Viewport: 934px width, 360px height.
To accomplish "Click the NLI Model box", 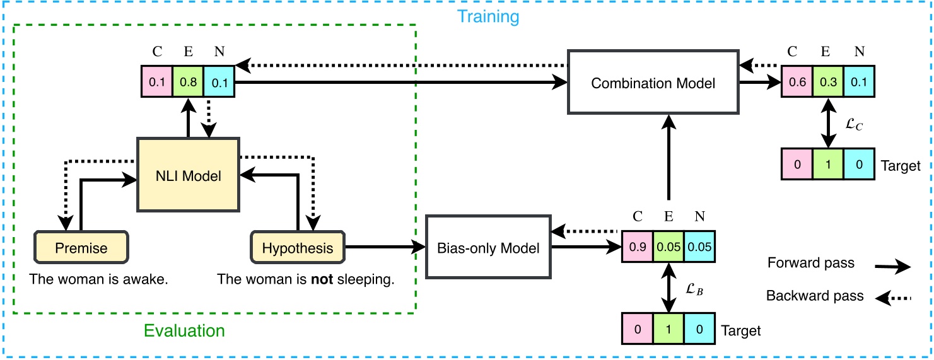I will point(189,175).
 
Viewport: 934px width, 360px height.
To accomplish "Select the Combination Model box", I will point(653,83).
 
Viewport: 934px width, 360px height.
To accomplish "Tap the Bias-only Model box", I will point(489,248).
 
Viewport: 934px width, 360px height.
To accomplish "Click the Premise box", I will point(81,248).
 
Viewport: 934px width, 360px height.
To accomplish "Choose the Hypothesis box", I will point(298,248).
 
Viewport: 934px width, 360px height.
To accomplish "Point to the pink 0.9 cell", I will point(637,248).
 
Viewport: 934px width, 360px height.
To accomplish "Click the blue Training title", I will point(488,15).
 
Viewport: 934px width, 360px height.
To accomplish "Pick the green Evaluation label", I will point(184,330).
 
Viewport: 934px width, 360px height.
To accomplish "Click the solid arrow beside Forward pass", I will point(893,267).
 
